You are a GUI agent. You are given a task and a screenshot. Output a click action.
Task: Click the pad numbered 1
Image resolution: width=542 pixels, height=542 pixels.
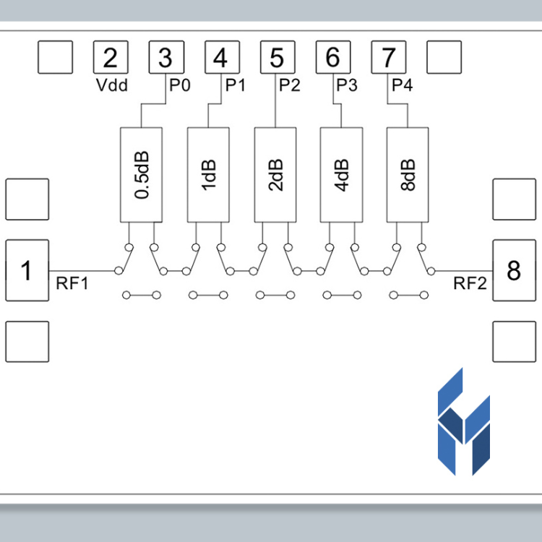(27, 270)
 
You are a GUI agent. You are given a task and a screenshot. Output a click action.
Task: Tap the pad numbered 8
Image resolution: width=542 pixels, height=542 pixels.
(515, 270)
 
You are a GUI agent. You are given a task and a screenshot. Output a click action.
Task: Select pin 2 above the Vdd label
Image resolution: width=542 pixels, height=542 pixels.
(111, 57)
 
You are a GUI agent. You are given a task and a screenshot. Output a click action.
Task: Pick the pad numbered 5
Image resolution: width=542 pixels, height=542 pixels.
(278, 57)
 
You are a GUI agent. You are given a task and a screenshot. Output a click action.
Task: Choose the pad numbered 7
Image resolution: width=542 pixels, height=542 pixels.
(389, 57)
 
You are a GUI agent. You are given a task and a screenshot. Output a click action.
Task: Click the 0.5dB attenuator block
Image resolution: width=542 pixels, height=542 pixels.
(141, 175)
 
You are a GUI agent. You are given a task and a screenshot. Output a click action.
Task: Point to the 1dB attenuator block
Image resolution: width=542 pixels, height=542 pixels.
(208, 175)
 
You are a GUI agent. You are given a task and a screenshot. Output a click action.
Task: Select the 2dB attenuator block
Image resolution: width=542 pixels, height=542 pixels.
(275, 175)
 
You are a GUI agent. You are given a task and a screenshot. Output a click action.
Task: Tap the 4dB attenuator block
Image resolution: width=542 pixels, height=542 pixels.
(342, 175)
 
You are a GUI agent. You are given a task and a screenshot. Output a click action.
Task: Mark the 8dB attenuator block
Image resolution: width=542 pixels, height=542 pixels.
(408, 175)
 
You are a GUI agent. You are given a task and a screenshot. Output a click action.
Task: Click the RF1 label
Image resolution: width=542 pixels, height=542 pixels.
(72, 283)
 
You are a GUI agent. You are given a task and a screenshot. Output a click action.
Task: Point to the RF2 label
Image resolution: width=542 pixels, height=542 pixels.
(470, 283)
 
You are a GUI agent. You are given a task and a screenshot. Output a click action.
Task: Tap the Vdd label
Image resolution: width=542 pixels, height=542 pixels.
(111, 85)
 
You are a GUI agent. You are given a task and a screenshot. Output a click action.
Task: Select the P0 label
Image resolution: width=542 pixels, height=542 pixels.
(180, 85)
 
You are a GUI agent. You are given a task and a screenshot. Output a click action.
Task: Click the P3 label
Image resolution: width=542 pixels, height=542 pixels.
(347, 85)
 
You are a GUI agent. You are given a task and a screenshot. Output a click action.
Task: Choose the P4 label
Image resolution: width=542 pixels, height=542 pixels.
(402, 85)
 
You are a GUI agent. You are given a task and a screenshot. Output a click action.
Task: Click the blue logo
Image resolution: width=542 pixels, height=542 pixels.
(464, 422)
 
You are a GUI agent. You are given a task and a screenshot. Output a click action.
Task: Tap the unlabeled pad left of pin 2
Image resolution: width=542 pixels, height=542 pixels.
(56, 57)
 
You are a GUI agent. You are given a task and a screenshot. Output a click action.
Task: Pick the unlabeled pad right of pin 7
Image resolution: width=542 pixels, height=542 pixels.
(444, 57)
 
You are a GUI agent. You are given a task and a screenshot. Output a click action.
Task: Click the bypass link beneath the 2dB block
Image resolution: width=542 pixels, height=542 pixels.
(275, 295)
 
